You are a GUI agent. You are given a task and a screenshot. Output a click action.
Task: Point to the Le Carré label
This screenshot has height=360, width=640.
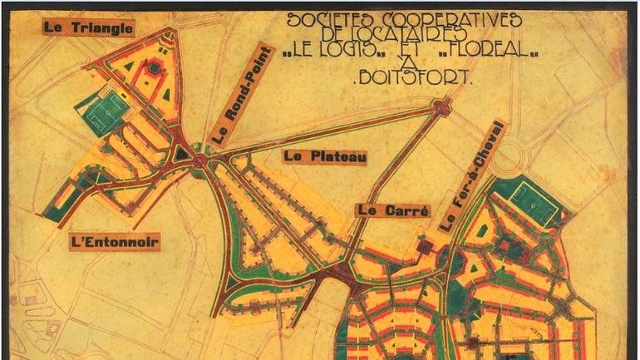pyautogui.click(x=393, y=210)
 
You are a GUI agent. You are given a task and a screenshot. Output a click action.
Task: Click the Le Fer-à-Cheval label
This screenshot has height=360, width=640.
pyautogui.click(x=471, y=177)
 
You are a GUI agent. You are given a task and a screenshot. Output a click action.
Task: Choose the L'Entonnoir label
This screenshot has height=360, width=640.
pyautogui.click(x=115, y=242)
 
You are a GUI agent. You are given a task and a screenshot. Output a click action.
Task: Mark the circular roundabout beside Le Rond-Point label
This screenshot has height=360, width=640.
pyautogui.click(x=199, y=160)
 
